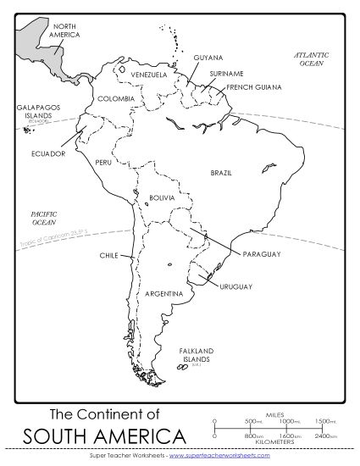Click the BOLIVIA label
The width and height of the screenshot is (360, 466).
click(161, 197)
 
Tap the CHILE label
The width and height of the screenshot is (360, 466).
click(108, 254)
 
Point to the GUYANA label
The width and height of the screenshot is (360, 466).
click(208, 58)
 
